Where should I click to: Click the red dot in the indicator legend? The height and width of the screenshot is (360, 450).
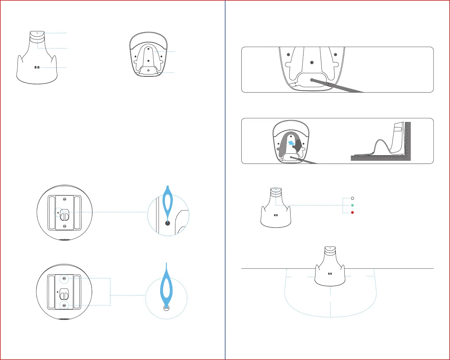[x=352, y=213]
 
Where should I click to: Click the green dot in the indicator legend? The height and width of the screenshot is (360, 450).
[x=352, y=205]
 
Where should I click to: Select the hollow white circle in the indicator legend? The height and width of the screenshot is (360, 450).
[x=352, y=198]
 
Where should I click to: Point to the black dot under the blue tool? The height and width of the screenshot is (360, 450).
[x=168, y=223]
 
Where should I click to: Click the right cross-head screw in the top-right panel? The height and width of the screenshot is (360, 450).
[x=335, y=54]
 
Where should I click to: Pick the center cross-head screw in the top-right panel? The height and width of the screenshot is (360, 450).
[x=312, y=63]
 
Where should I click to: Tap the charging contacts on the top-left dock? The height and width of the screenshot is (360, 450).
[x=36, y=67]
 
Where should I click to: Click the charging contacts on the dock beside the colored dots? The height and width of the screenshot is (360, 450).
[x=276, y=215]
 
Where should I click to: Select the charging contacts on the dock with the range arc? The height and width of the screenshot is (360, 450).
[x=330, y=273]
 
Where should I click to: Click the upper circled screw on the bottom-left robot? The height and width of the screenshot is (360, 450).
[x=64, y=278]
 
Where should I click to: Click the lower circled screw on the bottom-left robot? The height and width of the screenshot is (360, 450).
[x=64, y=305]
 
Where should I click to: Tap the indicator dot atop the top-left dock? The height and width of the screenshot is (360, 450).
[x=37, y=33]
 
